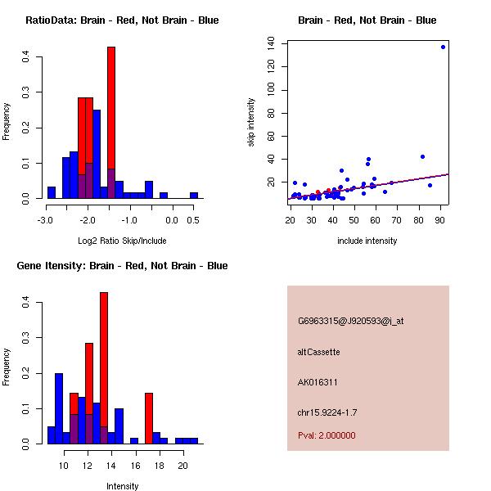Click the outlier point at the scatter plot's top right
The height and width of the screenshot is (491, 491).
tap(443, 47)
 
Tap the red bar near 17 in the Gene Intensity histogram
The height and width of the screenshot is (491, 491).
tap(149, 417)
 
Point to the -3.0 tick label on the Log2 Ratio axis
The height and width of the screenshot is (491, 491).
tap(47, 219)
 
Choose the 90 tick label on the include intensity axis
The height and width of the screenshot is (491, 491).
tap(440, 219)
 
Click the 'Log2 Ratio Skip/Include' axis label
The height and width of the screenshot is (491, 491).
tap(121, 241)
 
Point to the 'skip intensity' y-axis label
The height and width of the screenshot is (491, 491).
tap(251, 123)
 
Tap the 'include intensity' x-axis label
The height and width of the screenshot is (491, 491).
tap(367, 241)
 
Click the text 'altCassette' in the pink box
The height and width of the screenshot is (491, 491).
tap(318, 352)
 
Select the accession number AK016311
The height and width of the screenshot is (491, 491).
tap(318, 382)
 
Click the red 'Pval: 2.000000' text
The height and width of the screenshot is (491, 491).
tap(327, 435)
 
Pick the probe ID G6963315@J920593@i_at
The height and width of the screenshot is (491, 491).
tap(350, 321)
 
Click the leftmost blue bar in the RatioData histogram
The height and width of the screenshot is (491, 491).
tap(52, 193)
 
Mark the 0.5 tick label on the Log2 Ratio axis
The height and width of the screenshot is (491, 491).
tap(193, 219)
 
